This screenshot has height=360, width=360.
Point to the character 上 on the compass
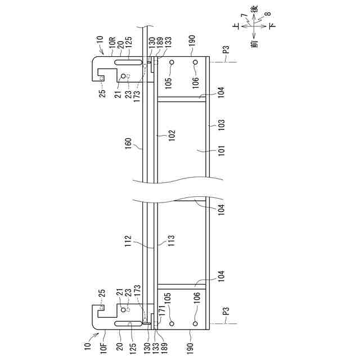coord(242,26)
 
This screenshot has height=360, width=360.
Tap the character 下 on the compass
coord(272,26)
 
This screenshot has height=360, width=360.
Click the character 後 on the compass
coord(257,11)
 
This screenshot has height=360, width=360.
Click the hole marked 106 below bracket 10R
coord(195,62)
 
